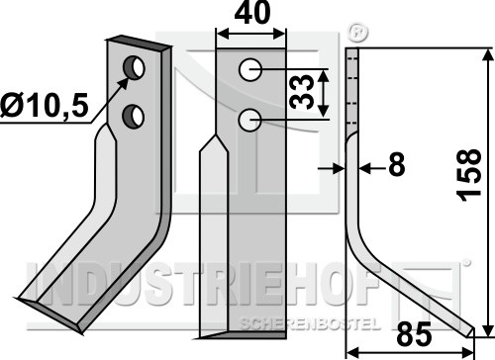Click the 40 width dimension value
[x=251, y=13]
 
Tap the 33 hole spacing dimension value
[x=301, y=92]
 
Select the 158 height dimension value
[x=469, y=175]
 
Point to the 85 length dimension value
[x=414, y=334]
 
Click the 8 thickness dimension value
[x=396, y=164]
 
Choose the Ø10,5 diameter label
[x=45, y=106]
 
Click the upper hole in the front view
[x=250, y=69]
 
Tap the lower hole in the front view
[x=250, y=120]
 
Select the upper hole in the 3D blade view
[x=134, y=67]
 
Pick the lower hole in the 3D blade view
[x=134, y=117]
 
